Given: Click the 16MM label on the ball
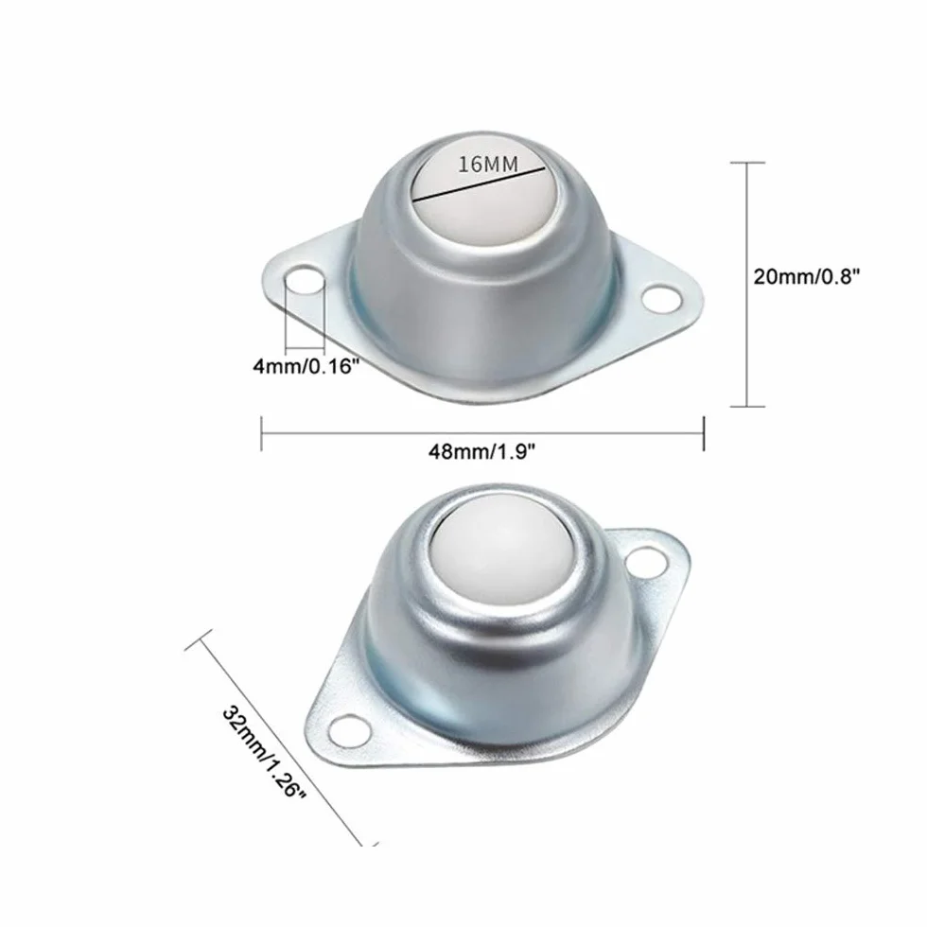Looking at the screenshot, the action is pos(488,164).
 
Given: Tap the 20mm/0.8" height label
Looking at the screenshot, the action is pos(806,275).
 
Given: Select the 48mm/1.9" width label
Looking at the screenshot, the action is pos(481,452).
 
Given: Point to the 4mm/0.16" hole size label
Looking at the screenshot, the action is pos(306,367).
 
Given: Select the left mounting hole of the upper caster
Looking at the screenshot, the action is pos(304,282).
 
